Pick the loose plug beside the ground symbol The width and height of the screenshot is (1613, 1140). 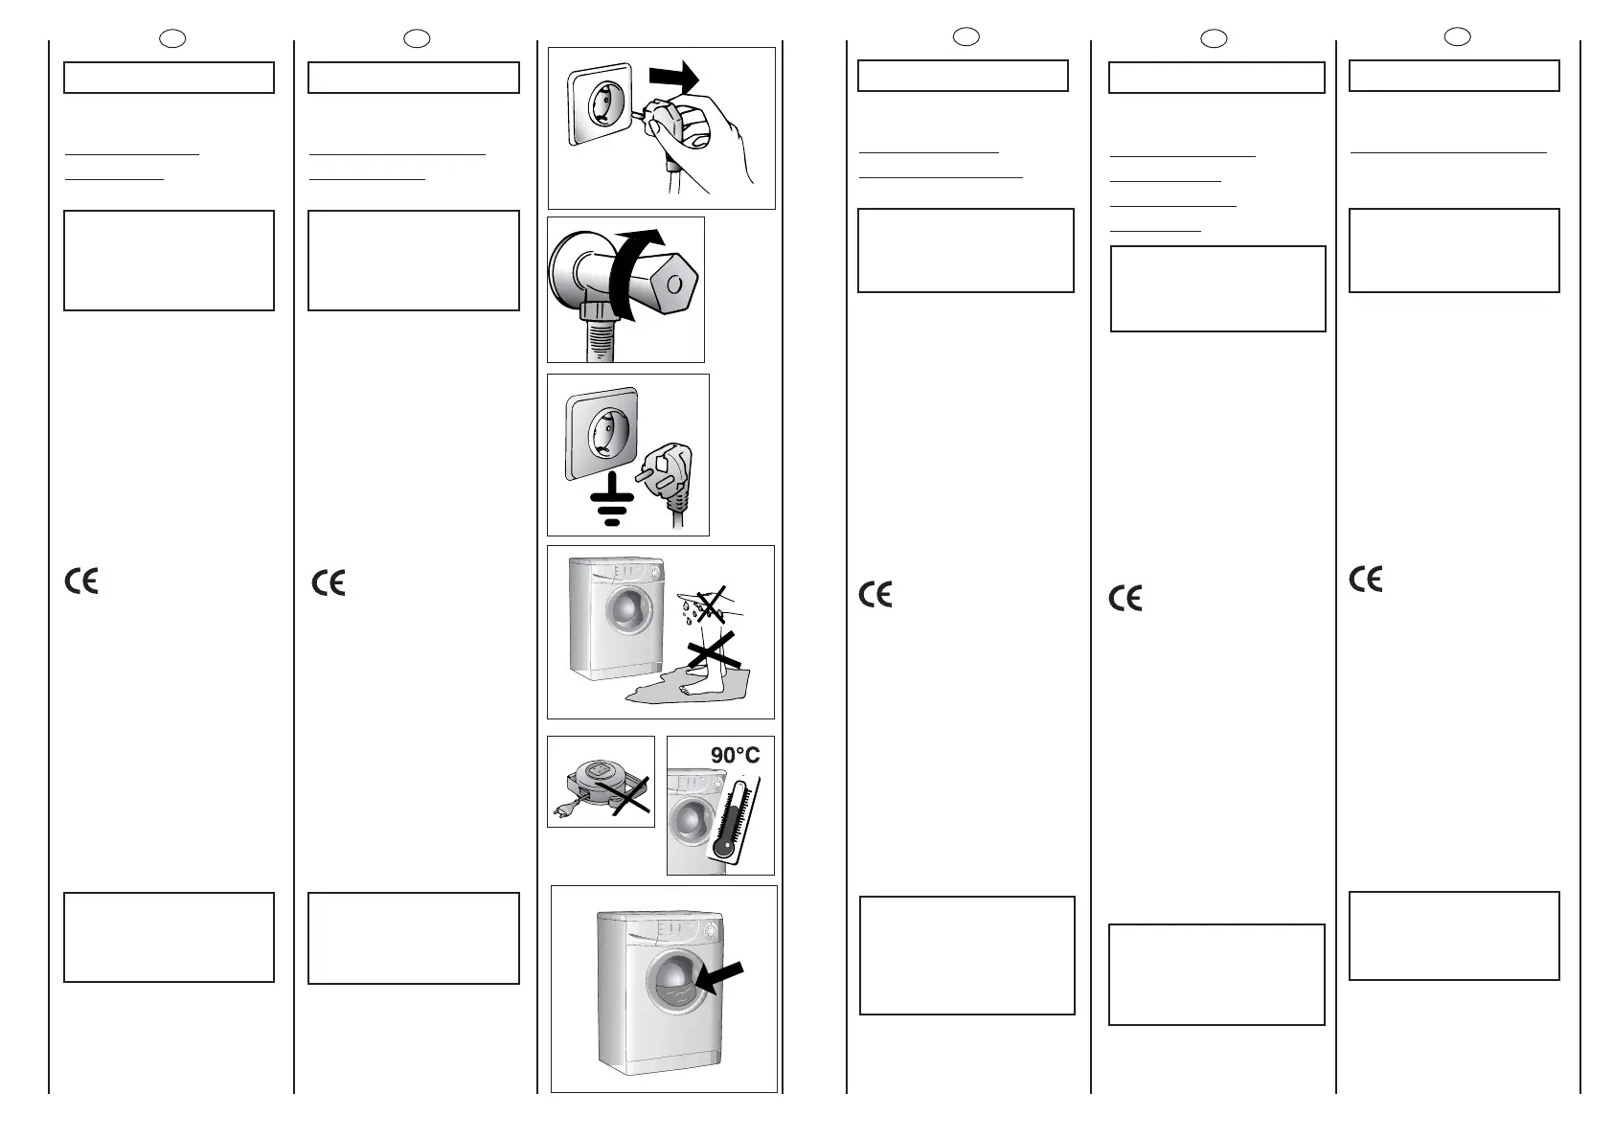pyautogui.click(x=669, y=475)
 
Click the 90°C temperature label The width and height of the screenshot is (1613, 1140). pyautogui.click(x=735, y=755)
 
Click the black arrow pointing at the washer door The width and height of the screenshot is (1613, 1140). pyautogui.click(x=718, y=980)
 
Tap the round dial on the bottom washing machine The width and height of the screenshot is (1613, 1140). pyautogui.click(x=711, y=930)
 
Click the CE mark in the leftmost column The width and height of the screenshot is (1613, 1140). pyautogui.click(x=81, y=581)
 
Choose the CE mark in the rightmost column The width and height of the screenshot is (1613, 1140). pyautogui.click(x=1365, y=579)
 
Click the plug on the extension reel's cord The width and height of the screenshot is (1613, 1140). pyautogui.click(x=562, y=815)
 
